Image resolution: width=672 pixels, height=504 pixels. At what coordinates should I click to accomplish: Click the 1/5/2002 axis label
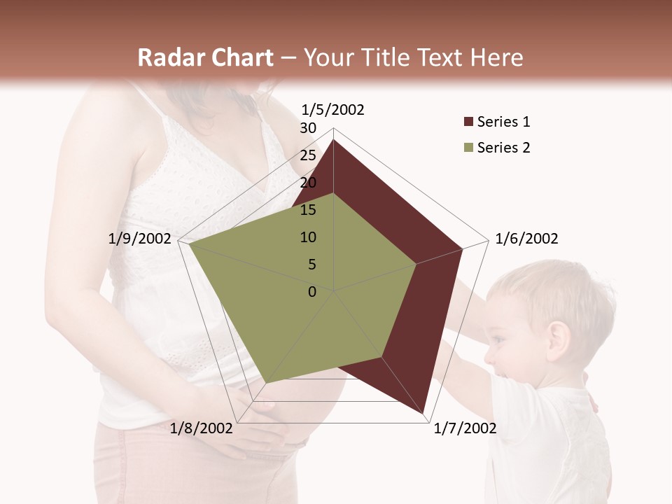click(x=332, y=109)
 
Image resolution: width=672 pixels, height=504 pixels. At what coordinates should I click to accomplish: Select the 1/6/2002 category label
click(x=526, y=239)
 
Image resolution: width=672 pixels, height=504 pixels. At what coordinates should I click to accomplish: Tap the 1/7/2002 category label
click(x=465, y=428)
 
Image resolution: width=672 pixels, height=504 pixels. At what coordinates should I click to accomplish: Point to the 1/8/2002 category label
click(x=202, y=428)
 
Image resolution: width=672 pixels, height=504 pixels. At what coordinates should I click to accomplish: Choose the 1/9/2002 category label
click(x=139, y=239)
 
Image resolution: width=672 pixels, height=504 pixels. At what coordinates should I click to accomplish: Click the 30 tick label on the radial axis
click(x=308, y=128)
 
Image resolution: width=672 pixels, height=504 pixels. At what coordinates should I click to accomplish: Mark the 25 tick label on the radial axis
click(x=308, y=155)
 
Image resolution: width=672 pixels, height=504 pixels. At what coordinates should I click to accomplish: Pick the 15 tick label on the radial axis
click(x=308, y=210)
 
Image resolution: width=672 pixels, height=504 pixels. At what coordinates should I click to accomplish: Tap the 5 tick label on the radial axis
click(x=311, y=265)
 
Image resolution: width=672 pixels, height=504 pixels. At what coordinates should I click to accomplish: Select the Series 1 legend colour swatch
click(x=468, y=122)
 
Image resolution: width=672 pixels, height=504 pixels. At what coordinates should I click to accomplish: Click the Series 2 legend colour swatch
click(x=468, y=148)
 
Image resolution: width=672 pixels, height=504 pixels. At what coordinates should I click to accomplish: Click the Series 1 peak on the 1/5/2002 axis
click(x=334, y=140)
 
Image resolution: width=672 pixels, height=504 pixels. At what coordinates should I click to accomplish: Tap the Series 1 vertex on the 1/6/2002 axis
click(x=463, y=248)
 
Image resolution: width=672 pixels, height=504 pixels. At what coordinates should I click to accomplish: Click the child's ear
click(x=558, y=339)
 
